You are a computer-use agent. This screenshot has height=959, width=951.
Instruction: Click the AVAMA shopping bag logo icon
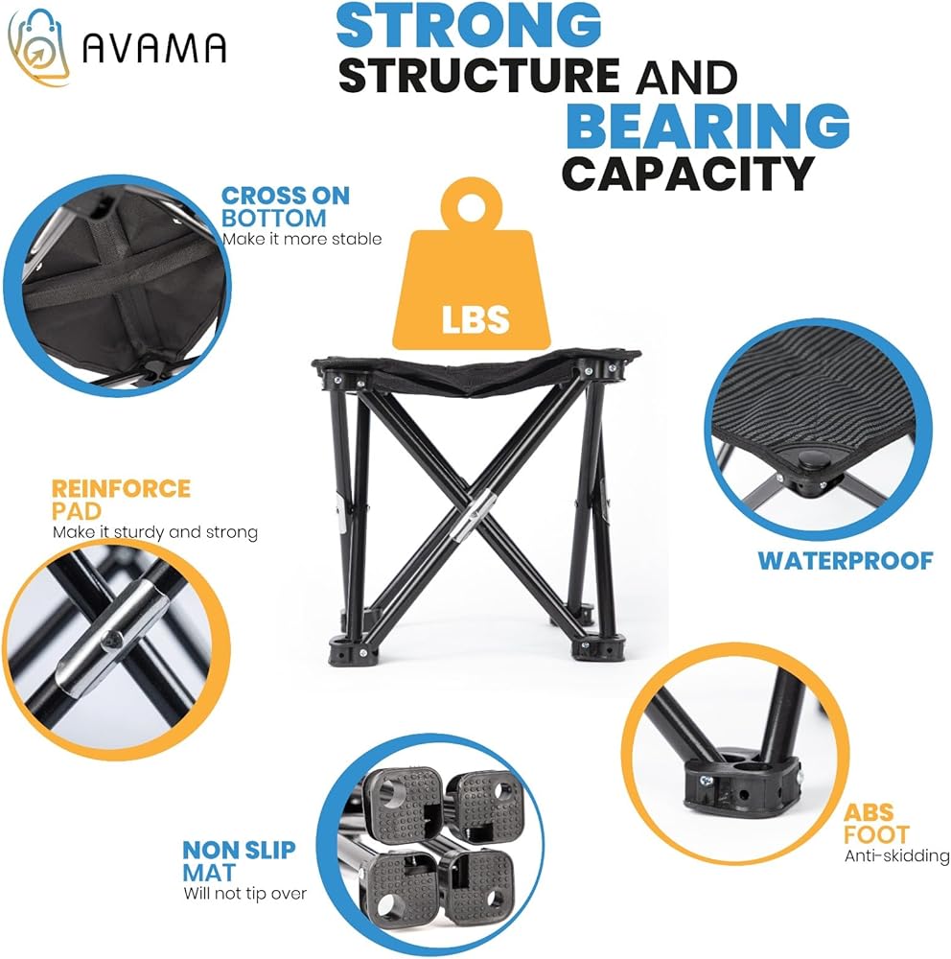pyautogui.click(x=38, y=48)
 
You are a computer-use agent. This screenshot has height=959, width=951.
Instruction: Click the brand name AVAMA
pyautogui.click(x=154, y=48)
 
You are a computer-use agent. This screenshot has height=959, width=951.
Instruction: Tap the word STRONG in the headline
pyautogui.click(x=469, y=25)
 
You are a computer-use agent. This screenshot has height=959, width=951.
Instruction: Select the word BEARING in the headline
pyautogui.click(x=707, y=126)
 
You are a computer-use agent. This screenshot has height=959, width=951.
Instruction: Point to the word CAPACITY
pyautogui.click(x=688, y=174)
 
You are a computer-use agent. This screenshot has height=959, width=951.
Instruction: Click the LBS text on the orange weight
pyautogui.click(x=475, y=318)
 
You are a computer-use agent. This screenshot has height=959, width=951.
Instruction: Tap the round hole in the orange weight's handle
pyautogui.click(x=472, y=207)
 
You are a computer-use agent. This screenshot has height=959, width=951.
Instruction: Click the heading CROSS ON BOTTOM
pyautogui.click(x=285, y=207)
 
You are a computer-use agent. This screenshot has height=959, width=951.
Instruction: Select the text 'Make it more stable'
pyautogui.click(x=302, y=239)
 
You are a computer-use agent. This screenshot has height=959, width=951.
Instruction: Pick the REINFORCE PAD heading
pyautogui.click(x=121, y=499)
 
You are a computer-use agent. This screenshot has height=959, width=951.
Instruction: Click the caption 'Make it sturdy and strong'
pyautogui.click(x=154, y=532)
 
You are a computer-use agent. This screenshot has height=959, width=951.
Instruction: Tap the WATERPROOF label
pyautogui.click(x=846, y=561)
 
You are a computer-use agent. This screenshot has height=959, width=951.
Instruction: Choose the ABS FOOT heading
pyautogui.click(x=876, y=823)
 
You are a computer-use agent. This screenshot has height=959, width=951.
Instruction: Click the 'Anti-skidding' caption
pyautogui.click(x=896, y=855)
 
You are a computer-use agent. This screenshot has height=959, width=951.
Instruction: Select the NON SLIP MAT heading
pyautogui.click(x=239, y=860)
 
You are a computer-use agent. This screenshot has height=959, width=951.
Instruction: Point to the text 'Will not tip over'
pyautogui.click(x=244, y=894)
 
